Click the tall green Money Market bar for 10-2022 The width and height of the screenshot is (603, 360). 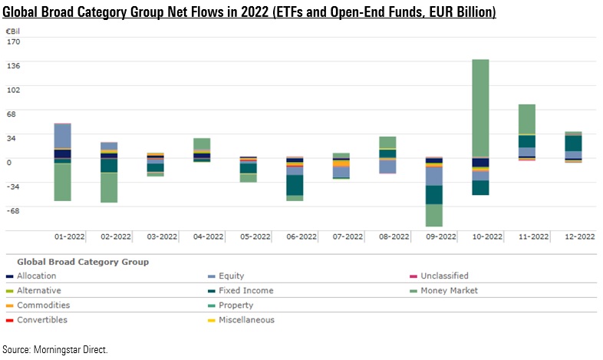(481, 107)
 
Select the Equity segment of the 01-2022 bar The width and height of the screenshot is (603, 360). (62, 136)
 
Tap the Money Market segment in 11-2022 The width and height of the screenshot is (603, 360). (527, 119)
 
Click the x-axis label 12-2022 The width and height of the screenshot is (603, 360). (573, 237)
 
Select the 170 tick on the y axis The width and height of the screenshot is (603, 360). (14, 41)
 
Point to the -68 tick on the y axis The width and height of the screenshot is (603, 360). (14, 209)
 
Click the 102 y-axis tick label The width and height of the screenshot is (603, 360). (14, 89)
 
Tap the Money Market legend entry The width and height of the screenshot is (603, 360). (453, 291)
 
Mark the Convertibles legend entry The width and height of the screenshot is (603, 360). (42, 320)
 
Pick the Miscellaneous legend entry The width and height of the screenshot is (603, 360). (247, 320)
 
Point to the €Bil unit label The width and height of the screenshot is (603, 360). (13, 30)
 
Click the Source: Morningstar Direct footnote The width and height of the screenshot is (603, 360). (55, 350)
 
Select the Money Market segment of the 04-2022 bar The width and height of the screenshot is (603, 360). (202, 144)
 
